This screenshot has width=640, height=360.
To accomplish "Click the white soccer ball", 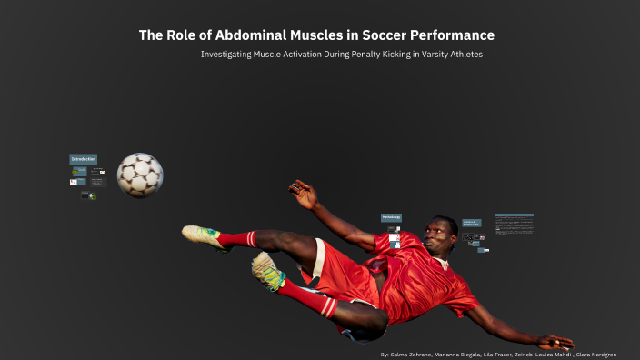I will tap(140, 175).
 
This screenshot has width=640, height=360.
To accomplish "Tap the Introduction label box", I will tap(83, 159).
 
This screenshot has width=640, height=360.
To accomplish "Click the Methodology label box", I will tap(391, 217).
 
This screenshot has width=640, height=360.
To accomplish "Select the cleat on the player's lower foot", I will tap(266, 270).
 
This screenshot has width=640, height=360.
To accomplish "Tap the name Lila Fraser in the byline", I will tap(494, 354).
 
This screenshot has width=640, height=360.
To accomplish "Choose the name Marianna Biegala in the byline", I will tap(454, 354).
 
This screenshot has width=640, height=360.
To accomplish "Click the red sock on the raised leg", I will tap(237, 239).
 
